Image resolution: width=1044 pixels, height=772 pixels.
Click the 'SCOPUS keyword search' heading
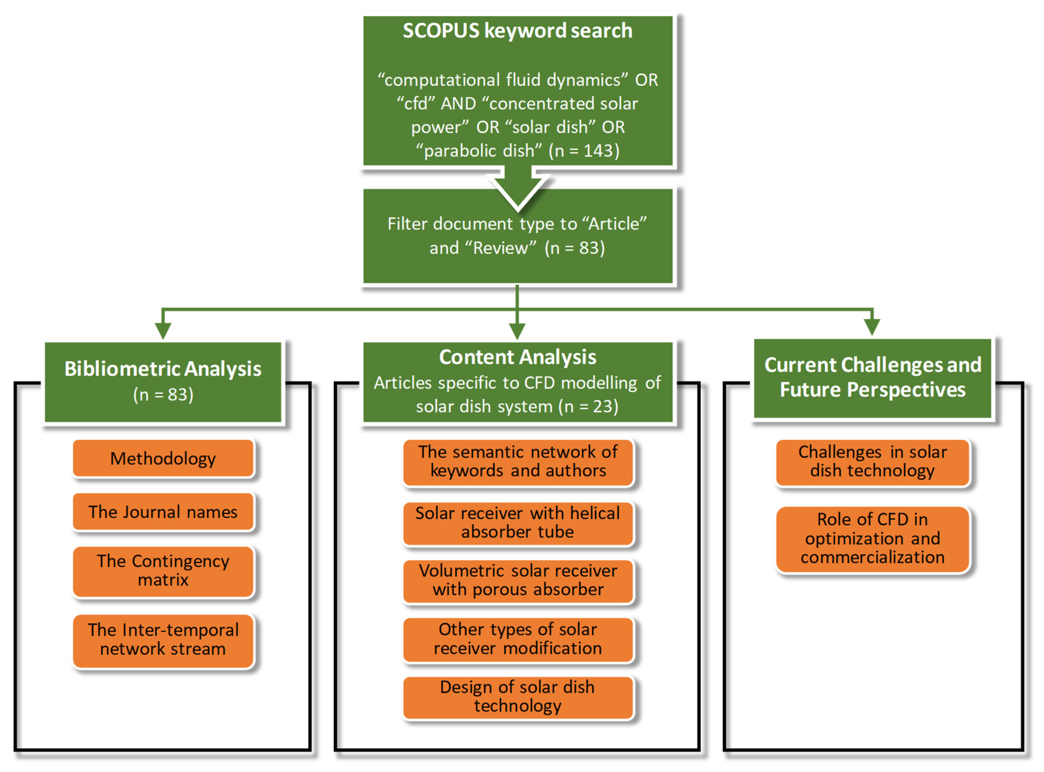coord(517,31)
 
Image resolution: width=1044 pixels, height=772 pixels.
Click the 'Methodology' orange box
coord(163,458)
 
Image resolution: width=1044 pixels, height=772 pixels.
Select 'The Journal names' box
coord(163,512)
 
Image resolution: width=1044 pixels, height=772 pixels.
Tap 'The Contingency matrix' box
coord(163,571)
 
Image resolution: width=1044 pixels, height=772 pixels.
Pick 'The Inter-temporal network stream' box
coord(163,640)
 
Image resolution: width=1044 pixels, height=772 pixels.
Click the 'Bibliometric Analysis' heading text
coord(163,369)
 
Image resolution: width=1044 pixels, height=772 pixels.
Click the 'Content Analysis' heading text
coord(517,357)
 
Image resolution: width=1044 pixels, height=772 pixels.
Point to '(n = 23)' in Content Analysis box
coord(589,407)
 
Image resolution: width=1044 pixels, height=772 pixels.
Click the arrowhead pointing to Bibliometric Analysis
coord(163,330)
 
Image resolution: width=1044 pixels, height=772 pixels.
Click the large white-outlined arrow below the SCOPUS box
coord(517,189)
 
